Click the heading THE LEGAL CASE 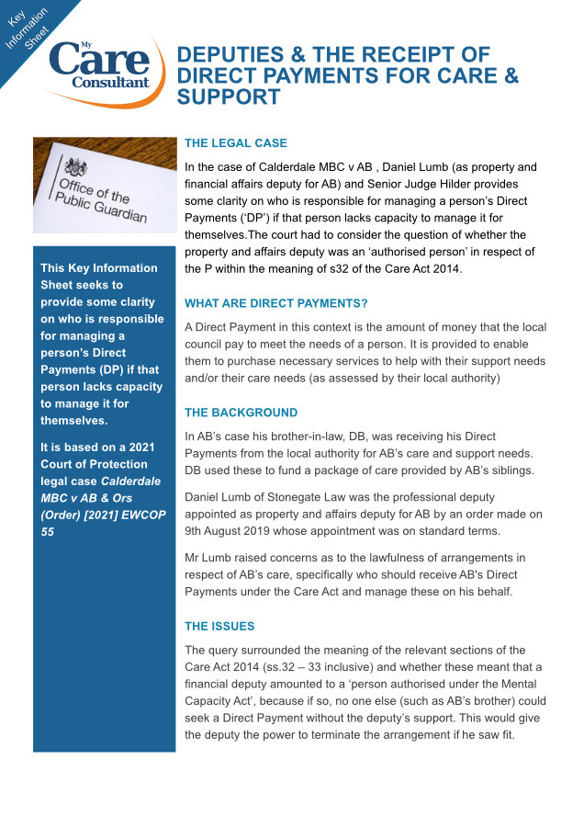235,143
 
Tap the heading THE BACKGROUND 241,413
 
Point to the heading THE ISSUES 219,626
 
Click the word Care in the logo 99,60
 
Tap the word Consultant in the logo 110,83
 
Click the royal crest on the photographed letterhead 76,167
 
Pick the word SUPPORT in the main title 229,96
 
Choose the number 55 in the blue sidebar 48,531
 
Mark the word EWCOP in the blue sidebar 145,515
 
